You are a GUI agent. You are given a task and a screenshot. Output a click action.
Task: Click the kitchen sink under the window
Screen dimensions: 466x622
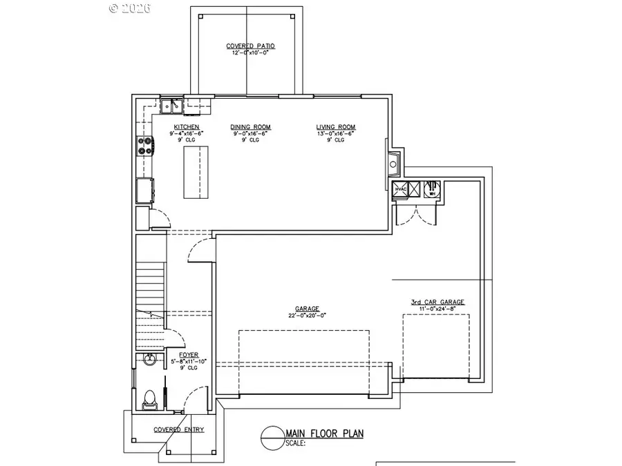[x=171, y=106]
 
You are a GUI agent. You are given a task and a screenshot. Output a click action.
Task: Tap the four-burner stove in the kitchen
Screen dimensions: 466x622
[x=146, y=145]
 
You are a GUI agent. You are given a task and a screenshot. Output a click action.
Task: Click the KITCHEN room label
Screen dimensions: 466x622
[x=187, y=127]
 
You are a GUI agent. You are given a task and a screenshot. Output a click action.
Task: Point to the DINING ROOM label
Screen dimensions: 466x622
[x=250, y=127]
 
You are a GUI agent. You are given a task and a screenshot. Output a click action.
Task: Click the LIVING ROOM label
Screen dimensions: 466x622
[x=336, y=127]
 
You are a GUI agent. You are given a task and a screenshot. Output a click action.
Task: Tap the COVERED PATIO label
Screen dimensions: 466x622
[x=250, y=46]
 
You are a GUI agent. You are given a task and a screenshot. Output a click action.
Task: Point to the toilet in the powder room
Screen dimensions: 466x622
[x=148, y=398]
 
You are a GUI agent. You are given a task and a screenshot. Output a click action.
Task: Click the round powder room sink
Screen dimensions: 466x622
[x=148, y=360]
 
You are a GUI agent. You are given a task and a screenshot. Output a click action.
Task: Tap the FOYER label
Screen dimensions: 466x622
[x=188, y=355]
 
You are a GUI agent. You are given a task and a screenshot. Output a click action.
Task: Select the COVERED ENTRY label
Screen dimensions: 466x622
[x=178, y=429]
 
